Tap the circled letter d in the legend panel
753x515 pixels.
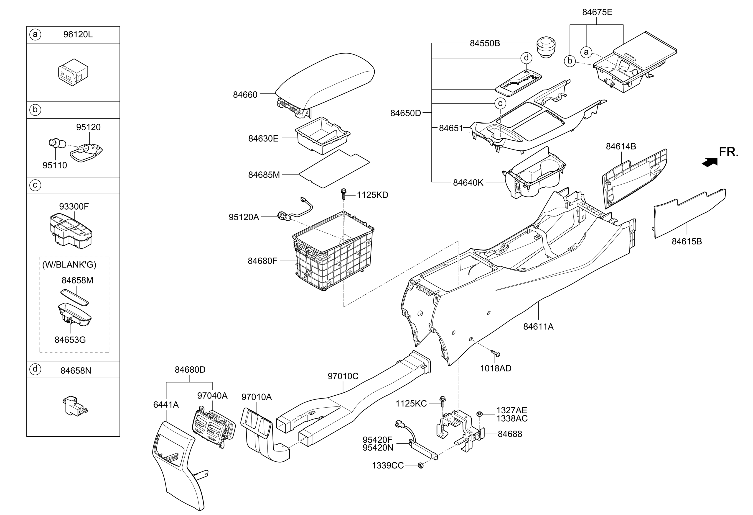(35, 369)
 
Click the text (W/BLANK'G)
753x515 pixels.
(69, 265)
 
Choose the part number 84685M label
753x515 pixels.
(264, 175)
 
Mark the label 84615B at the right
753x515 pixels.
(687, 242)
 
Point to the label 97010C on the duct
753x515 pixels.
(343, 376)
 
